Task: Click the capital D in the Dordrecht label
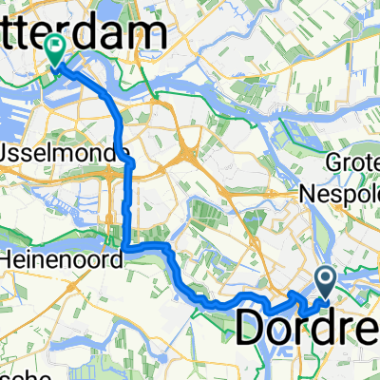tap(250, 328)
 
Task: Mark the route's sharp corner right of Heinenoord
tap(125, 248)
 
